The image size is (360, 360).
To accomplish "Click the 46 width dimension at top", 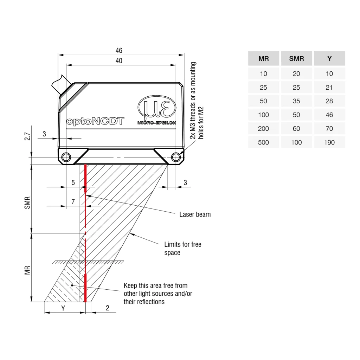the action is click(119, 51).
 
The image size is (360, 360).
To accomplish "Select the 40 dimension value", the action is click(119, 61).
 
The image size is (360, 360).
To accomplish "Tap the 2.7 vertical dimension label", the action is click(27, 136).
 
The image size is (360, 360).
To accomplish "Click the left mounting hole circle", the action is click(66, 157).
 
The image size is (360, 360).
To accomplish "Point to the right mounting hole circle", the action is click(176, 157).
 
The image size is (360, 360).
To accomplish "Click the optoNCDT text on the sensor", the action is click(95, 121).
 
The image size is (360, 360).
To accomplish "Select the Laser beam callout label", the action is click(195, 214).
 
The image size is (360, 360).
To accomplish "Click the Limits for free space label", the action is click(183, 249).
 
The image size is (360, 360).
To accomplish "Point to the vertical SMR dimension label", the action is click(27, 203).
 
